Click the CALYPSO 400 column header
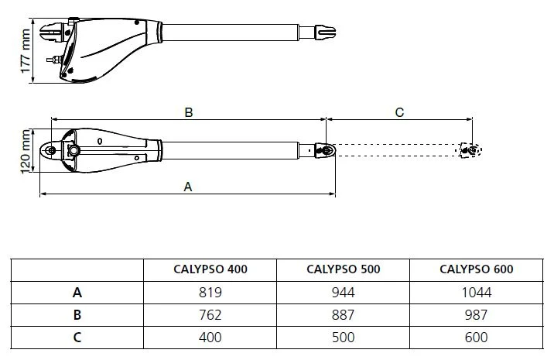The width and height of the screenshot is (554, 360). [x=210, y=269]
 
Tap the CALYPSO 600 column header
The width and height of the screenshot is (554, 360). [x=476, y=269]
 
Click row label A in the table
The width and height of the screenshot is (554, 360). [x=77, y=293]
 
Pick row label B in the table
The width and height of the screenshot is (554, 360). [x=77, y=314]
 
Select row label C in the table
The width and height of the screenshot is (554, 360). [x=77, y=337]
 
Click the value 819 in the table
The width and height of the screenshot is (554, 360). [x=210, y=293]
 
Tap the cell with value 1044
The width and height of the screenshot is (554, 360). [x=476, y=293]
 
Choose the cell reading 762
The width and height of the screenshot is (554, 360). [x=210, y=314]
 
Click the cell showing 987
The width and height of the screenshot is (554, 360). [x=476, y=314]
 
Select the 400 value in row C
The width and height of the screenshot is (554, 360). [x=210, y=337]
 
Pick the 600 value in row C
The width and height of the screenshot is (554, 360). [x=476, y=337]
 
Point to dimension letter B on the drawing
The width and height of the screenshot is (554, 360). [x=188, y=112]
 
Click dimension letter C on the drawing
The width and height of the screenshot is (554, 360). [x=399, y=112]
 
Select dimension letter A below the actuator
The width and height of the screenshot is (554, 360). [x=186, y=186]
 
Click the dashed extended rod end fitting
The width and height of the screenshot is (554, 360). [x=469, y=149]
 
